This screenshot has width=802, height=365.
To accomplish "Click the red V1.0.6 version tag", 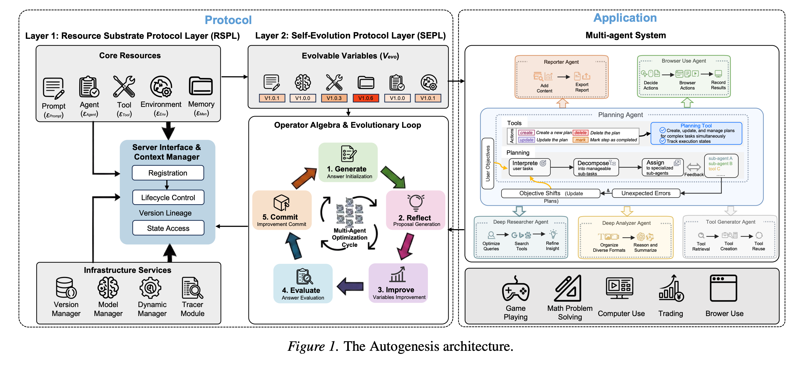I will [365, 98].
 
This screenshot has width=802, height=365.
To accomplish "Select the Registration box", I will [168, 173].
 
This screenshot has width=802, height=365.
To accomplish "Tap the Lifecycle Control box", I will [168, 198].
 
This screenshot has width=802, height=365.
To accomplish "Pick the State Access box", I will [168, 228].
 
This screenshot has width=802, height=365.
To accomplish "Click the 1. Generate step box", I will [348, 163].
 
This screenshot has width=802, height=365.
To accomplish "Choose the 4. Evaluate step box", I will [303, 283].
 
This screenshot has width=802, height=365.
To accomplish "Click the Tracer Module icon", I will [192, 288].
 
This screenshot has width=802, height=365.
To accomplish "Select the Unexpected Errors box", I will [646, 194].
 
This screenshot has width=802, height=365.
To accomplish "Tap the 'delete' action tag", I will [580, 133].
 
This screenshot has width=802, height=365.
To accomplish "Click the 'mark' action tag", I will [580, 140].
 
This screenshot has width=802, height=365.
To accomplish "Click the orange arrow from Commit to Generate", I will [303, 178].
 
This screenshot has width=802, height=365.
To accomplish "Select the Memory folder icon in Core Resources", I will [201, 86].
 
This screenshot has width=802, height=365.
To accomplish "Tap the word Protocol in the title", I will [228, 20].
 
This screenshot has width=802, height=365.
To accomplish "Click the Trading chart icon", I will [671, 289].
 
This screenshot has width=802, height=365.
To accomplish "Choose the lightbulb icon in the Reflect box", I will [416, 202].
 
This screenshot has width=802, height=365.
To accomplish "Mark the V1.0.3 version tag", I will [334, 98].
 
